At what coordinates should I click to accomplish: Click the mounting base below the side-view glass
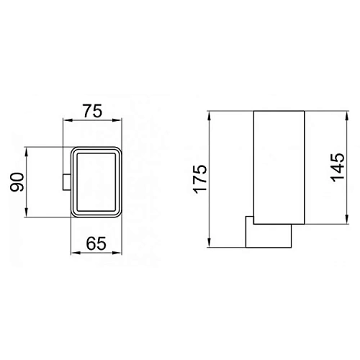pyautogui.click(x=269, y=234)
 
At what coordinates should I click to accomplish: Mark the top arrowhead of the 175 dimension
pyautogui.click(x=210, y=114)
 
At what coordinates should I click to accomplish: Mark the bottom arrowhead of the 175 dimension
pyautogui.click(x=210, y=244)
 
